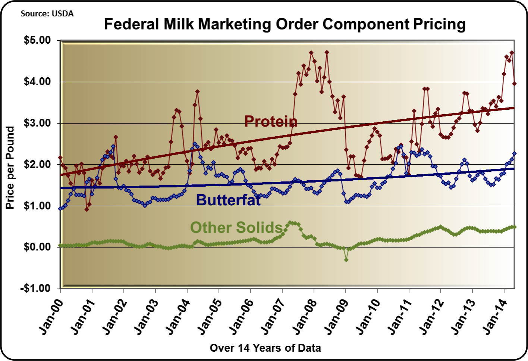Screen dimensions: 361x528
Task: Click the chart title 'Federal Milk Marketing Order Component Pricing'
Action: click(x=285, y=24)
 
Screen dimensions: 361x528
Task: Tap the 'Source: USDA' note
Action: click(x=47, y=14)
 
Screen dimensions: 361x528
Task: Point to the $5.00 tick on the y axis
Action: click(x=37, y=40)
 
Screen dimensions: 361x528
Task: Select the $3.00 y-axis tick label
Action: click(x=37, y=123)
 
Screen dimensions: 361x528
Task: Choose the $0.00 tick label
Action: click(x=37, y=247)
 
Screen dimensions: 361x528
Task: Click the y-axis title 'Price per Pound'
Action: click(x=10, y=168)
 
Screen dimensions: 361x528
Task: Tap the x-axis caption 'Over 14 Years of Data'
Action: click(x=265, y=348)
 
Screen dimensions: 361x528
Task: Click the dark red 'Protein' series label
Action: click(x=271, y=121)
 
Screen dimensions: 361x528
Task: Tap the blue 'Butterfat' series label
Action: click(x=228, y=200)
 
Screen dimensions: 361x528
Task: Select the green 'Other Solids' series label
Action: click(x=236, y=227)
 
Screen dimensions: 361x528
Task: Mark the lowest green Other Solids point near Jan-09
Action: click(x=346, y=260)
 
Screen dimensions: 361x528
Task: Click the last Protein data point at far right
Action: click(x=514, y=84)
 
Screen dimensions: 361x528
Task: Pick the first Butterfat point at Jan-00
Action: click(x=60, y=208)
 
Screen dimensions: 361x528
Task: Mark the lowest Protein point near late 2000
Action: click(x=87, y=209)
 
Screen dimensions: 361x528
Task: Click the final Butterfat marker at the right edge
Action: click(x=514, y=153)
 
